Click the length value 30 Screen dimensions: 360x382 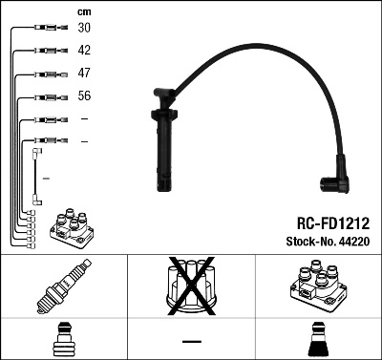click(x=84, y=29)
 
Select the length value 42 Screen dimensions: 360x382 click(x=84, y=51)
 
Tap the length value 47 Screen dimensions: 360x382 click(x=84, y=73)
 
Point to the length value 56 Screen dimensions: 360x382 click(x=84, y=95)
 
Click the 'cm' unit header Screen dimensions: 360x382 click(x=83, y=11)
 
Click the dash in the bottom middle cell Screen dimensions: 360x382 click(x=191, y=341)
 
